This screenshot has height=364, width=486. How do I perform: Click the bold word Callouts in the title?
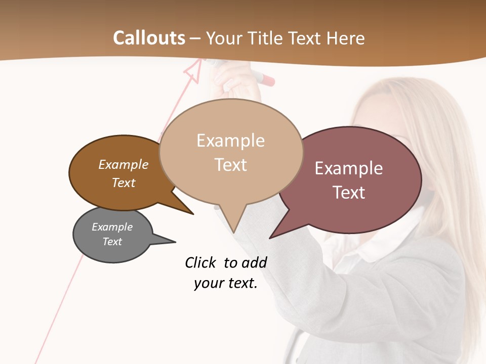(x=149, y=38)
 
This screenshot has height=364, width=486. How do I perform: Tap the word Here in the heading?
(x=346, y=38)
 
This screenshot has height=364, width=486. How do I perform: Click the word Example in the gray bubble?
(x=112, y=227)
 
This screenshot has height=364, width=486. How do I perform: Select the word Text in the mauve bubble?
(x=349, y=193)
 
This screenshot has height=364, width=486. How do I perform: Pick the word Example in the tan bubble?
(x=230, y=141)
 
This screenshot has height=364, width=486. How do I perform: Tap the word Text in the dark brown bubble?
(x=124, y=183)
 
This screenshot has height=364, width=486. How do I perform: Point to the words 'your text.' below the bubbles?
(x=226, y=283)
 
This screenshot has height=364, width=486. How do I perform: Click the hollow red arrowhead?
(x=192, y=72)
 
